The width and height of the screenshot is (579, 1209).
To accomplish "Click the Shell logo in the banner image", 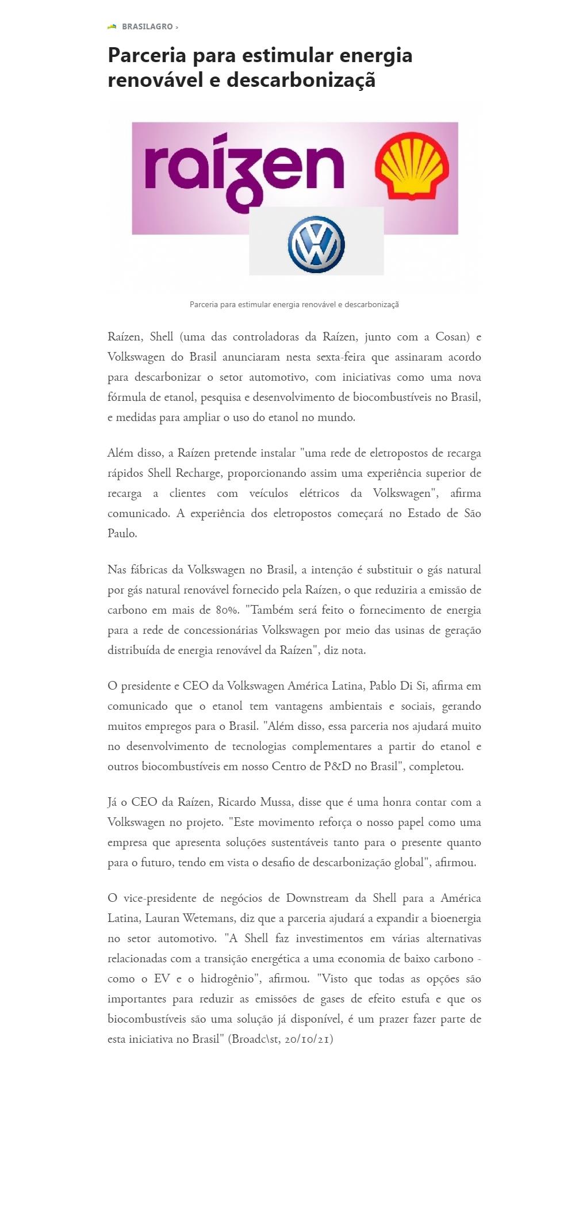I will point(412,166).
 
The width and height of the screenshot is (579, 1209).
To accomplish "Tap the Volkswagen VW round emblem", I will point(316,244).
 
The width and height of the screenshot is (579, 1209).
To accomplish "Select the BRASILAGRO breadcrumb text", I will point(147,27).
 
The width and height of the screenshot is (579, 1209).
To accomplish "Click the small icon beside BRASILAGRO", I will point(112,26).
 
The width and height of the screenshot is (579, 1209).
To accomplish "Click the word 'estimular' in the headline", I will point(287,56).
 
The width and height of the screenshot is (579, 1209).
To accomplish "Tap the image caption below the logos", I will point(294,304).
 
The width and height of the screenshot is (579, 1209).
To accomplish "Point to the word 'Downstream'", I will point(317,898).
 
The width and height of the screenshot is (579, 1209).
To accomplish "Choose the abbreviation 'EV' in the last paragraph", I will point(162,979).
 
